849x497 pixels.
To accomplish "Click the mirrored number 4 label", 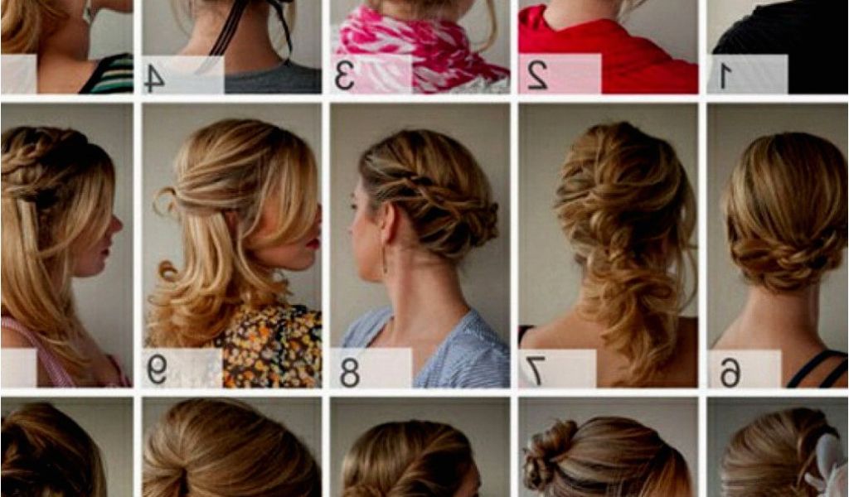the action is pos(154,78).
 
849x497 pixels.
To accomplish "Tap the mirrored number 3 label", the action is pos(344,76).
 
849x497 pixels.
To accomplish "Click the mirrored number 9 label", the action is pos(157,370).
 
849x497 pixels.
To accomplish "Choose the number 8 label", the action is pos(350,372).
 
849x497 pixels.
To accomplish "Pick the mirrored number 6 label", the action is pos(730,372).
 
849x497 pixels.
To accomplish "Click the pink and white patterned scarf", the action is pos(418,46).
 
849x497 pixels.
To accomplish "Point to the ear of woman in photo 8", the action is pos(388,222).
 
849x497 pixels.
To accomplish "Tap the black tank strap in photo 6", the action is pos(813,368).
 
